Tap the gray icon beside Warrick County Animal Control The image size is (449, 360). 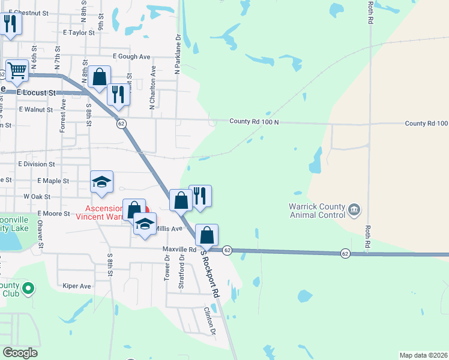354,209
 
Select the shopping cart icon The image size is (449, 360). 17,71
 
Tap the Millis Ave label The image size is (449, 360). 168,229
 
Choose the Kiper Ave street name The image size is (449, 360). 77,286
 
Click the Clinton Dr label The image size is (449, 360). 209,320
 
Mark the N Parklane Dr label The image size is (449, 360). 178,54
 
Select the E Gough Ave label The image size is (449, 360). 131,56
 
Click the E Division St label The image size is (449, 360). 37,164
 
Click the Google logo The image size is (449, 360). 20,353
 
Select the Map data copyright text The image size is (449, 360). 424,355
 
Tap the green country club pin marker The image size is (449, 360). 28,290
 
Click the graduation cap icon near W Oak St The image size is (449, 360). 101,182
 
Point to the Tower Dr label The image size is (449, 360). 167,266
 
